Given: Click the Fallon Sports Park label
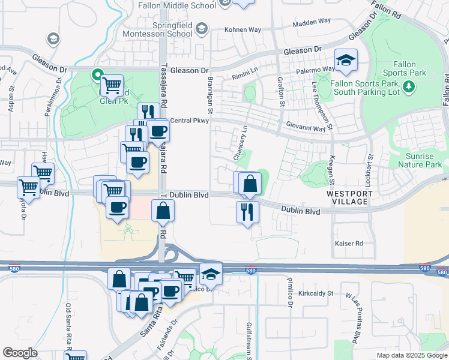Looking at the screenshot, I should click(x=409, y=68).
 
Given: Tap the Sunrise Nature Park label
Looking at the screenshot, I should click(x=420, y=160).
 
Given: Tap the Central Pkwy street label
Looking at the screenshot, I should click(x=189, y=121).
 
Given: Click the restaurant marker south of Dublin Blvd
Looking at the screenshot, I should click(x=248, y=212).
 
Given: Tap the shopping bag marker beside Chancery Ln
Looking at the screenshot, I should click(x=250, y=184).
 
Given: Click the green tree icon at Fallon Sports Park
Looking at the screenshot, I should click(x=409, y=88).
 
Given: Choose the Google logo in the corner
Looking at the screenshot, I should click(x=20, y=352).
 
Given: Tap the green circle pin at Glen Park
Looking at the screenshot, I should click(x=96, y=75).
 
